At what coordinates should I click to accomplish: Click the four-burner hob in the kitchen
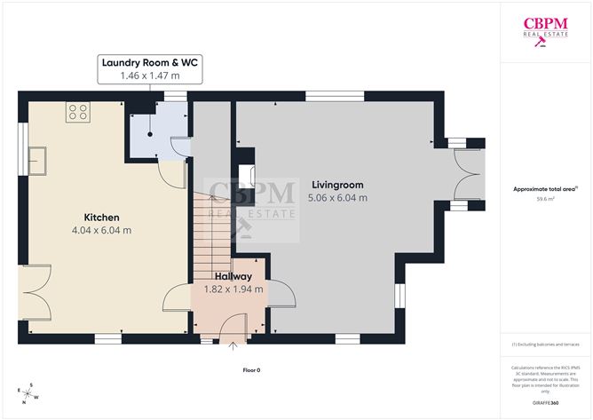tap(77, 113)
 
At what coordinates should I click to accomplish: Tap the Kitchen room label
tap(101, 218)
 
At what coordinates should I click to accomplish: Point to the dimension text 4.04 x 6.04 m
tap(101, 230)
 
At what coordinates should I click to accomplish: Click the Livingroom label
tap(336, 185)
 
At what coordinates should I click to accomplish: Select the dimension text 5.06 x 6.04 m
tap(336, 197)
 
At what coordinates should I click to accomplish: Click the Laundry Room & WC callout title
tap(150, 63)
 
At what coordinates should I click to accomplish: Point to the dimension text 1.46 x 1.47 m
tap(150, 76)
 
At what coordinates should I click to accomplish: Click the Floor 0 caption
tap(251, 369)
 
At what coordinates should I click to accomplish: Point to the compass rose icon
tap(28, 391)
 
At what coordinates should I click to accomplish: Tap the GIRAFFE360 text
tap(546, 402)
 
